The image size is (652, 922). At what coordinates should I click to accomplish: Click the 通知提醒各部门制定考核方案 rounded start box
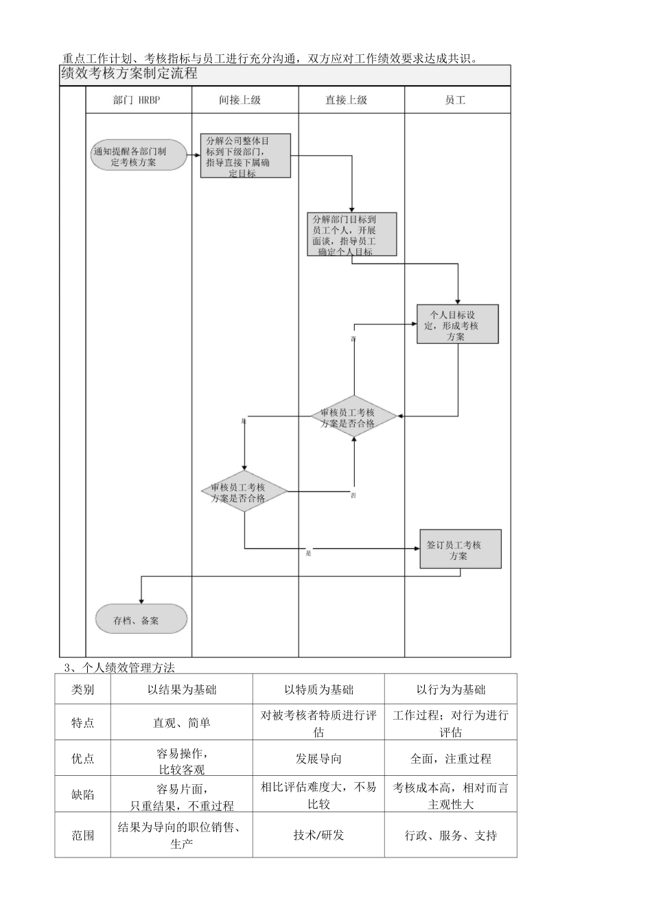[139, 156]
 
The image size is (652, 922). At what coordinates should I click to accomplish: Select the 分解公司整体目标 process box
[245, 156]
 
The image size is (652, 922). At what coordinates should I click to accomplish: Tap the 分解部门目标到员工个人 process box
[351, 235]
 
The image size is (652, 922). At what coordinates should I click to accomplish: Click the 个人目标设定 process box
[457, 324]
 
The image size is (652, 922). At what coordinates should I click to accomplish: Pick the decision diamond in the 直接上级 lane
[353, 417]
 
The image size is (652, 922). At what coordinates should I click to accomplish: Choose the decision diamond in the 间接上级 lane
[244, 492]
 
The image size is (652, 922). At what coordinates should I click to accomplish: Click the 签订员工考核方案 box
[460, 549]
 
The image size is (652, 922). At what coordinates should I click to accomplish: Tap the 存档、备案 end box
[141, 619]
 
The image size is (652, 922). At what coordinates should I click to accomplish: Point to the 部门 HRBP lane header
[137, 100]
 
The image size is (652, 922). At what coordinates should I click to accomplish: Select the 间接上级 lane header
[245, 100]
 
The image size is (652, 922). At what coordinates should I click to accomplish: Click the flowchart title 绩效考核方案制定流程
[130, 74]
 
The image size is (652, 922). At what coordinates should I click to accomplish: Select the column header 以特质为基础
[318, 689]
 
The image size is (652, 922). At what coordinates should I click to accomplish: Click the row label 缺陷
[83, 795]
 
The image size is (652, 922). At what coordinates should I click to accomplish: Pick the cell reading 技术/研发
[318, 836]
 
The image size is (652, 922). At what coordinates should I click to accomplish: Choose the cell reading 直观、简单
[181, 723]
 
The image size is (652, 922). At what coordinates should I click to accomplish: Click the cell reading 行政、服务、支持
[450, 836]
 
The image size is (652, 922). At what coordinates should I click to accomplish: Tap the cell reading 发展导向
[318, 759]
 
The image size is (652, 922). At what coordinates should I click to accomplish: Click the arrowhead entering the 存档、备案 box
[141, 601]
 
